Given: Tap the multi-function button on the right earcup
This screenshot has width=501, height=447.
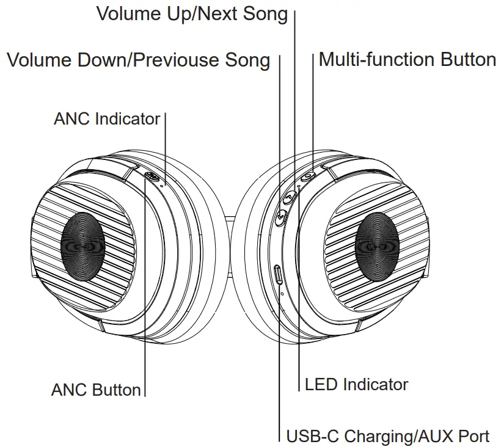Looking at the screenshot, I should (x=308, y=176).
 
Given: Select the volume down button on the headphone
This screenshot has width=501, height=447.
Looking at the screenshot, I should (x=281, y=216).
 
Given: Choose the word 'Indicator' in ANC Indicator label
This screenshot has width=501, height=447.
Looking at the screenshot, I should (x=128, y=118).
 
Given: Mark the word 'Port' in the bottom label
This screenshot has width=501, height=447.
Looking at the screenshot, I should (x=474, y=437).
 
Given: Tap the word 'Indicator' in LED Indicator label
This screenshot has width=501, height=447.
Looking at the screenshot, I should (x=375, y=384).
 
